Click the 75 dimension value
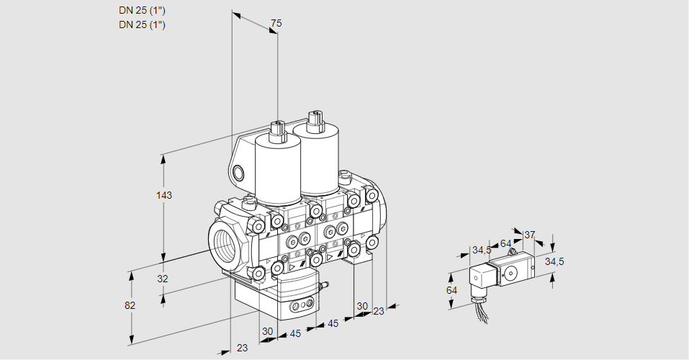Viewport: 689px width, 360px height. click(275, 24)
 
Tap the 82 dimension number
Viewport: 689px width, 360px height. click(130, 305)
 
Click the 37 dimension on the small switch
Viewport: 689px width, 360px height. click(529, 235)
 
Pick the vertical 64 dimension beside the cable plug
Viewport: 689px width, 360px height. click(451, 289)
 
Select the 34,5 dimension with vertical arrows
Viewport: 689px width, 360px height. click(554, 261)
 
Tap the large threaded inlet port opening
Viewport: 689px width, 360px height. click(226, 243)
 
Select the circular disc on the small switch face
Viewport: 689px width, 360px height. click(511, 273)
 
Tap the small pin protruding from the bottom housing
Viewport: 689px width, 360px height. click(323, 287)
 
